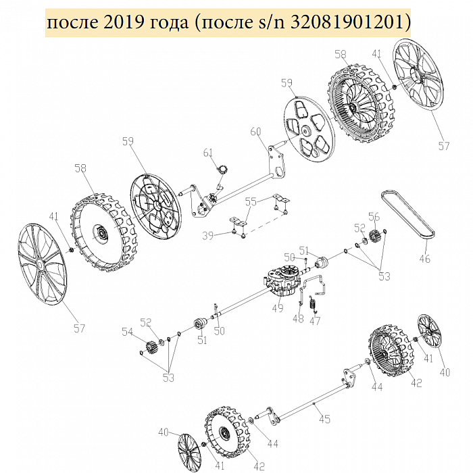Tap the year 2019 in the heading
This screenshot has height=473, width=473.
click(x=124, y=22)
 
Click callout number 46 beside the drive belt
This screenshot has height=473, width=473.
click(x=425, y=259)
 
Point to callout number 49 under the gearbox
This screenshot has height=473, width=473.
click(x=278, y=307)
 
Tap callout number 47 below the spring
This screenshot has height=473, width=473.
click(x=315, y=321)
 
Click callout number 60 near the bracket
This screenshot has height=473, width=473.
click(x=256, y=132)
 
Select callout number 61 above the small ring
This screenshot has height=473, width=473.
click(x=208, y=153)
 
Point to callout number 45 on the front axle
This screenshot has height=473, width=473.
click(x=324, y=420)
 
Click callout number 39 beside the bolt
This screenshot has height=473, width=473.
click(x=208, y=235)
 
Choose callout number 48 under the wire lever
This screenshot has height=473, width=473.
click(x=298, y=318)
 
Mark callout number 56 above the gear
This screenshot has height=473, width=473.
click(x=374, y=217)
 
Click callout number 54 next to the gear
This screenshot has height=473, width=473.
click(x=127, y=332)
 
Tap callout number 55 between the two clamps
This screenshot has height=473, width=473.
click(x=251, y=201)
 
